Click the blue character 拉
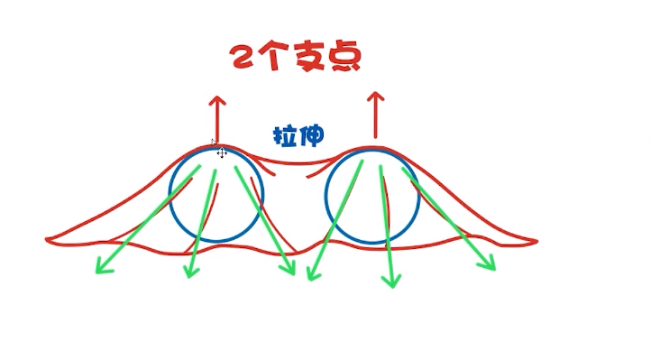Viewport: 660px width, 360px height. [285, 137]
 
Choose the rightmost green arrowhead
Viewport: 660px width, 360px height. [489, 264]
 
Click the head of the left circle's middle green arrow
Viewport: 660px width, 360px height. [190, 272]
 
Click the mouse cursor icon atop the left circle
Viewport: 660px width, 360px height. [221, 152]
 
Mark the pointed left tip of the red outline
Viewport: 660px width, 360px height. [48, 239]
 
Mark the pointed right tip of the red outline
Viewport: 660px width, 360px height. [536, 241]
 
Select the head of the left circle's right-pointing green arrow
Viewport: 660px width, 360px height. [290, 270]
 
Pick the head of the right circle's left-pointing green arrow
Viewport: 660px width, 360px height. [312, 273]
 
